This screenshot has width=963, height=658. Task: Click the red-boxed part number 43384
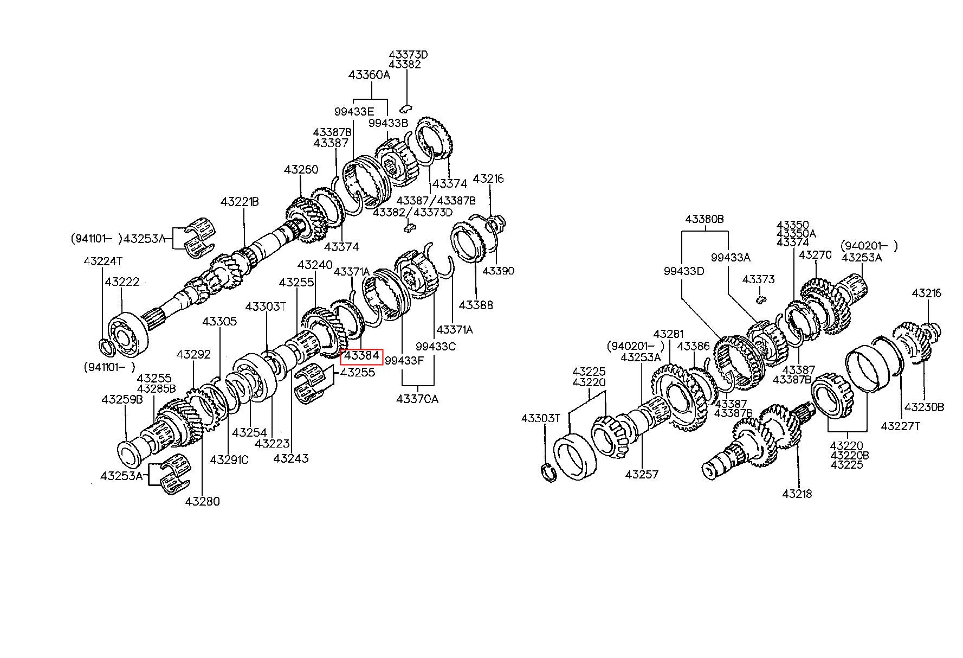coord(361,356)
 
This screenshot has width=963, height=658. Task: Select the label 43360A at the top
coord(369,75)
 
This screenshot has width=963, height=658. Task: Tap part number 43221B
coord(240,202)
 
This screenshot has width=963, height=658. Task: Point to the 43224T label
coord(103,261)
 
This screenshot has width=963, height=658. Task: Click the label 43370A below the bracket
coord(417,399)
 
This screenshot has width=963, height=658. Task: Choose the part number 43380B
coord(705,219)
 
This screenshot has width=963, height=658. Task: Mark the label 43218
coord(797,494)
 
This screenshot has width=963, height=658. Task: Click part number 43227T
coord(900,426)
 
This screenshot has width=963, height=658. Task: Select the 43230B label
coord(925,406)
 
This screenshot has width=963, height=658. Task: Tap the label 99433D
coord(684,271)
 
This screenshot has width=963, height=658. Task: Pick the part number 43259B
coord(122,400)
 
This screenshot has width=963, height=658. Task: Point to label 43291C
coord(229,459)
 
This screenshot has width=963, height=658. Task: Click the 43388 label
coord(476,305)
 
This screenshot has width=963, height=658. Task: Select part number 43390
coord(498,271)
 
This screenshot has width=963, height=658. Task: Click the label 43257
coord(642,475)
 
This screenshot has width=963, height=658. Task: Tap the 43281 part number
coord(669,334)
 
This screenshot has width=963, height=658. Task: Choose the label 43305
coord(219,321)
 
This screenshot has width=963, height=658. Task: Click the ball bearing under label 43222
coord(126,334)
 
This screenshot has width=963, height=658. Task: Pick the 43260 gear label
coord(301,170)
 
